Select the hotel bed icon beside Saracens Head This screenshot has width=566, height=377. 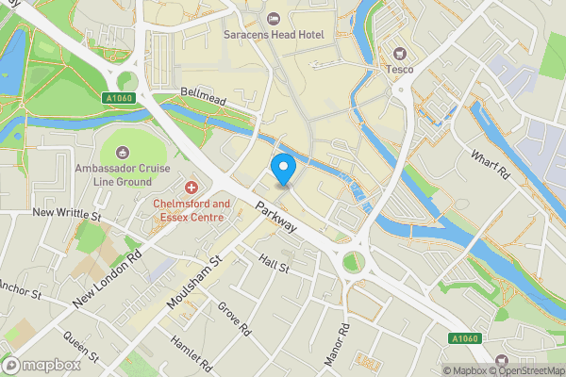pyautogui.click(x=274, y=18)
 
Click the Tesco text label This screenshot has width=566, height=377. pyautogui.click(x=399, y=69)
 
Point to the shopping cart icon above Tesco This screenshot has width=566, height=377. pyautogui.click(x=399, y=53)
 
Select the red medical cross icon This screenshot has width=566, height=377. pyautogui.click(x=192, y=188)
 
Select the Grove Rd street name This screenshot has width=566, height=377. pyautogui.click(x=234, y=320)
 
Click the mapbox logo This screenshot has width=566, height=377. pyautogui.click(x=40, y=365)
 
